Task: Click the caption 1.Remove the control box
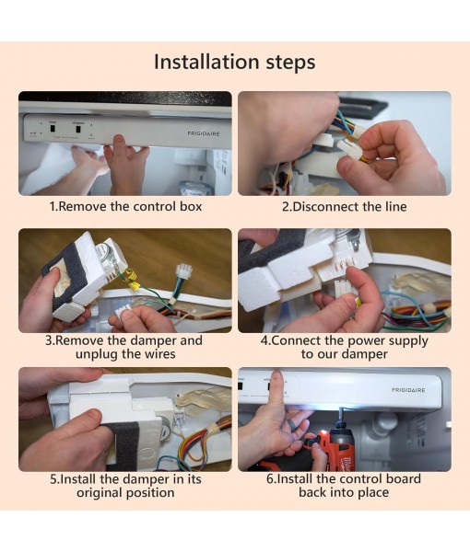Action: coord(125,207)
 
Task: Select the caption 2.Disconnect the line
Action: coord(344,207)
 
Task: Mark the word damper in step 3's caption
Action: coord(153,340)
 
